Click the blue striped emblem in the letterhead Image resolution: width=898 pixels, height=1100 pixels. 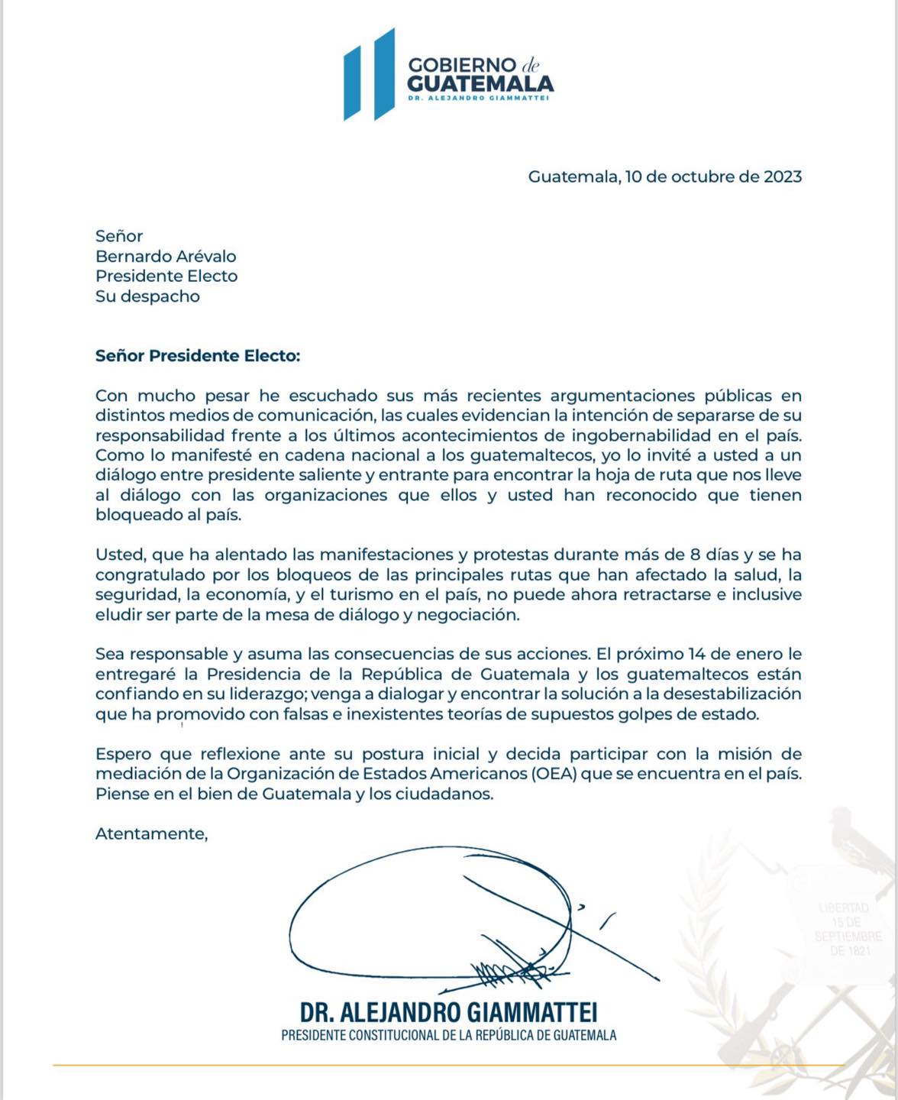(369, 75)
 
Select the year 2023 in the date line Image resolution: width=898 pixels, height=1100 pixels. (783, 176)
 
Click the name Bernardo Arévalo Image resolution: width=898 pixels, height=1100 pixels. (166, 257)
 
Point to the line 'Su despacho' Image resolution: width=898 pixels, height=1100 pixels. (147, 296)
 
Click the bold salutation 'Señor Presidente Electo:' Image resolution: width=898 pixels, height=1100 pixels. (198, 356)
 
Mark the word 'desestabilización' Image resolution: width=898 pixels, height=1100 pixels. (732, 694)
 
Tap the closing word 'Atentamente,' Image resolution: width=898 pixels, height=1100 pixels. (151, 833)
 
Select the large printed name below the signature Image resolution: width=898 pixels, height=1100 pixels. (448, 1012)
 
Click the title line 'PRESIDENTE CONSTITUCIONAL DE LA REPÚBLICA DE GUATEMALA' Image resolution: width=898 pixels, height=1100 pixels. (448, 1036)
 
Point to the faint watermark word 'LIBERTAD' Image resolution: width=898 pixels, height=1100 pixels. (843, 908)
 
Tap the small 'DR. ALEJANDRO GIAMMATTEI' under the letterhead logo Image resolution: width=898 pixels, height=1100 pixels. (478, 98)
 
